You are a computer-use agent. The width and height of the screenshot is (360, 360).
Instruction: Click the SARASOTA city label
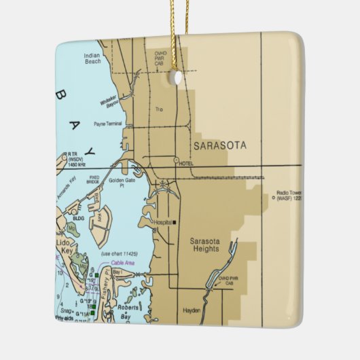220,145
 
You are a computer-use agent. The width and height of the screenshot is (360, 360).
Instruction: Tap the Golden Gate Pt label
122,183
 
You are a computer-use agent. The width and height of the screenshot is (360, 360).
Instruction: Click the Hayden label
192,310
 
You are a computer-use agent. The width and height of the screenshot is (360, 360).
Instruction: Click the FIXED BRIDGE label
93,181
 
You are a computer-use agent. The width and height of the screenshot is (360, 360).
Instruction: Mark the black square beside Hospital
175,222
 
